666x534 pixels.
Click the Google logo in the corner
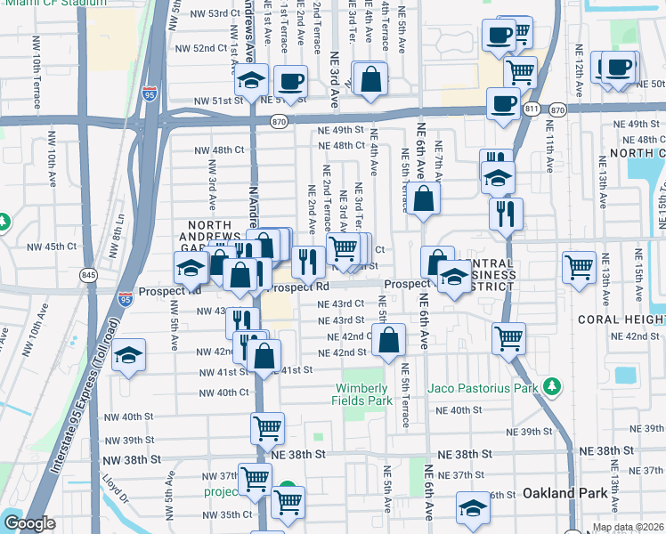[x=29, y=523]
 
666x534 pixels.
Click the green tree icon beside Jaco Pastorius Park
[x=553, y=387]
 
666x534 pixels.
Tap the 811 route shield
[x=532, y=109]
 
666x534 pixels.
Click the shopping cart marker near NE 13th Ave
[x=579, y=265]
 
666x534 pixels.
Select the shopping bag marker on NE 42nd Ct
[x=389, y=340]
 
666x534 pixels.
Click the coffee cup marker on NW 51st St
[x=290, y=82]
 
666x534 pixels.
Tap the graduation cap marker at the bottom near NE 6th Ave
[x=473, y=508]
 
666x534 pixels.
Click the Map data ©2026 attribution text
[x=628, y=527]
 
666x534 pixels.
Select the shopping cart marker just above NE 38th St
[x=267, y=428]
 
